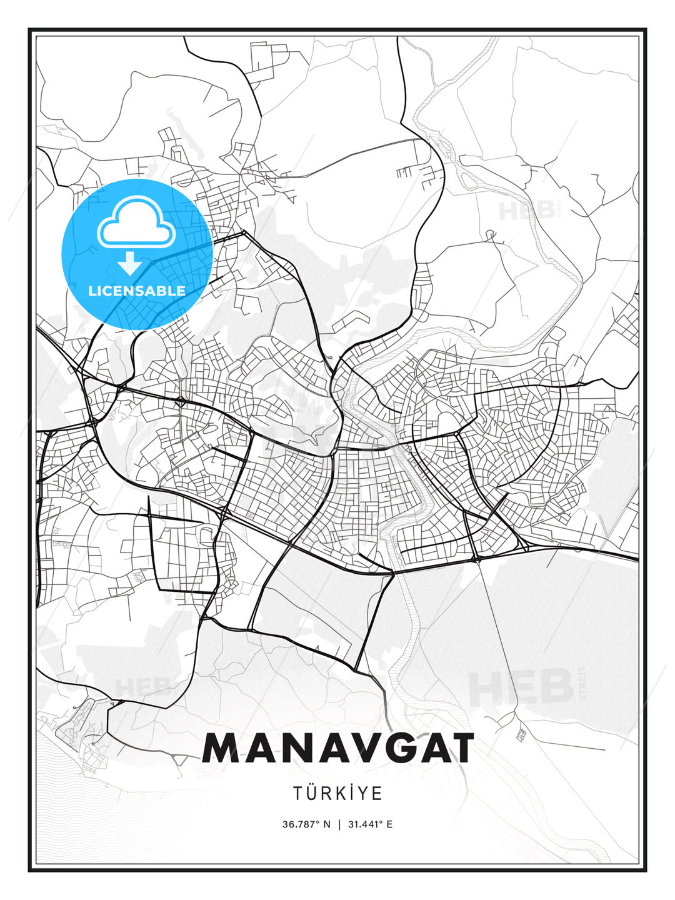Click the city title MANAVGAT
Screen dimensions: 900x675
pos(337,748)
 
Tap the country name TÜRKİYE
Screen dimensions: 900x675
pos(337,793)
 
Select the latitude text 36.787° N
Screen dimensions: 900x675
pos(306,824)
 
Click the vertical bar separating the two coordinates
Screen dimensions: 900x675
pos(339,824)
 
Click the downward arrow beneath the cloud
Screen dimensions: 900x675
pos(130,264)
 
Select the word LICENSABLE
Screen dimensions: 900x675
pos(137,291)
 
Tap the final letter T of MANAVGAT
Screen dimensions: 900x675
pos(458,748)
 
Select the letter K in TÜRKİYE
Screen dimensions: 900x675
pos(346,793)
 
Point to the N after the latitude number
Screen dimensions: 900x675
pos(326,824)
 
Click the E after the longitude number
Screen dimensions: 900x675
pos(389,824)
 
